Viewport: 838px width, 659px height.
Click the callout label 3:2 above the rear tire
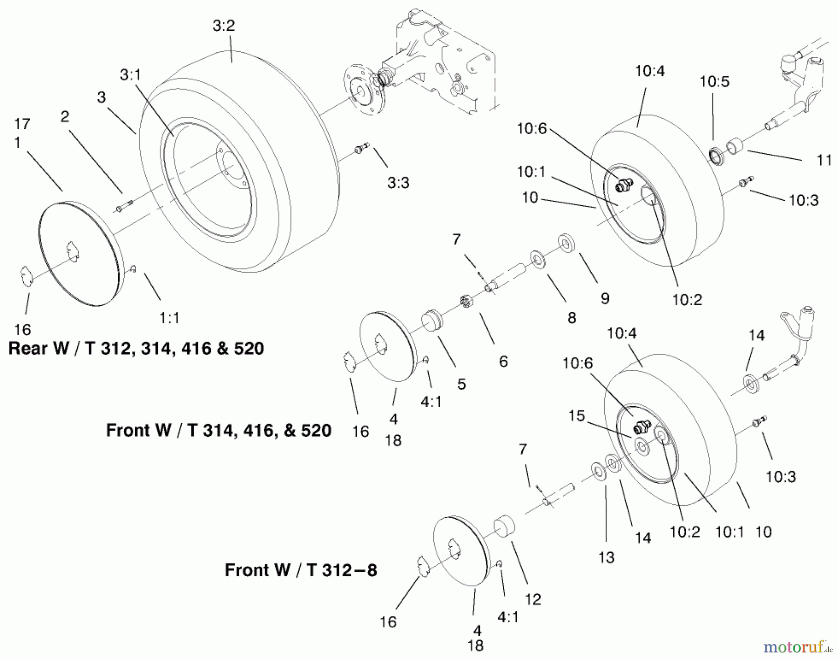coord(223,26)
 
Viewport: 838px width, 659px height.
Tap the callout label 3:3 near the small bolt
coord(398,183)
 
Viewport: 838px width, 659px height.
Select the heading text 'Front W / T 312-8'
coord(301,570)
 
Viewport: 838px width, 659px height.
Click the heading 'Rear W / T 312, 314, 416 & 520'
coord(136,349)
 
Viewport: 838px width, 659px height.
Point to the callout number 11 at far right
coord(824,160)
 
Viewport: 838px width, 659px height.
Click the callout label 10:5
coord(714,82)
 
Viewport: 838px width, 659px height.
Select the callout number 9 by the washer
coord(605,298)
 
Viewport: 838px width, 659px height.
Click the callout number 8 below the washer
coord(571,318)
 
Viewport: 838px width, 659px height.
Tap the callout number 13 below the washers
coord(606,557)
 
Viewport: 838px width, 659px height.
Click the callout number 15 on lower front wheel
coord(576,416)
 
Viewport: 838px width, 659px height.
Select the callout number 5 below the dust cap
coord(461,384)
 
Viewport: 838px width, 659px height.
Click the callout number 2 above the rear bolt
coord(65,116)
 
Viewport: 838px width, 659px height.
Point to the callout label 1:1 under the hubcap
coord(169,318)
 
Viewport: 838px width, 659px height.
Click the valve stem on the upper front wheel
coord(622,186)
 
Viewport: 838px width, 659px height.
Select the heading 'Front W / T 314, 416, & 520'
coord(218,430)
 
